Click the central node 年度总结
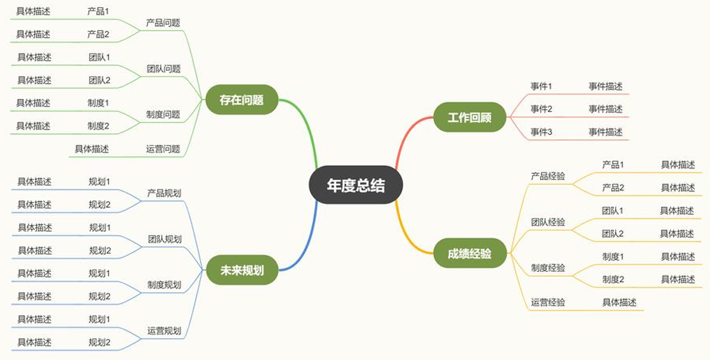coord(356,185)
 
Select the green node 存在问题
coord(242,100)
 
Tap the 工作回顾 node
coord(470,117)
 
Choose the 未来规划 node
coord(242,271)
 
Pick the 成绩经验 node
coord(470,253)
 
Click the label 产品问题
coord(163,23)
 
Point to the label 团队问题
coord(164,69)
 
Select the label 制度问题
coord(163,115)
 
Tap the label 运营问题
coord(163,149)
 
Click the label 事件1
coord(541,86)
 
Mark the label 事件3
coord(541,132)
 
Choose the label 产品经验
coord(548,176)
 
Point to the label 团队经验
coord(548,222)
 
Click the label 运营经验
coord(548,302)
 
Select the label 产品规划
coord(164,193)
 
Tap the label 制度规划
coord(164,285)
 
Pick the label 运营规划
coord(164,331)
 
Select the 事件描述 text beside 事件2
coord(605,109)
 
